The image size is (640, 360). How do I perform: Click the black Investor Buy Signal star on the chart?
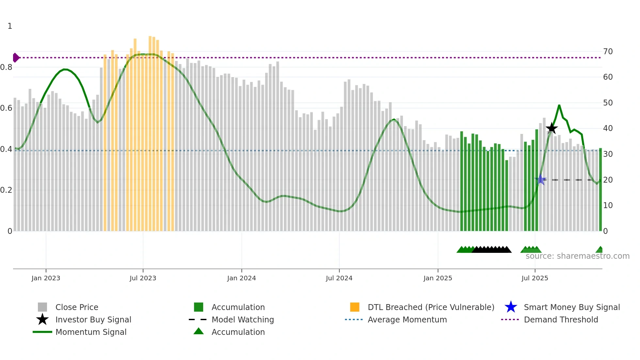coord(552,128)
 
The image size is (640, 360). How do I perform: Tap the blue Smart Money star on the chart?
coord(540,179)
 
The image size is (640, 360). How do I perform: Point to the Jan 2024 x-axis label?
coord(241,278)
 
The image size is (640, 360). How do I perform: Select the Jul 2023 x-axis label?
coord(143,278)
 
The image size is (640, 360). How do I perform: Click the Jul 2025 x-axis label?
coord(535,278)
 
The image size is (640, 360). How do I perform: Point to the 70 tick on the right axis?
coord(608,52)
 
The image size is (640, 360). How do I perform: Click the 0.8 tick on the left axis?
coord(6,67)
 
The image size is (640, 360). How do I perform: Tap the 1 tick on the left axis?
coord(10,26)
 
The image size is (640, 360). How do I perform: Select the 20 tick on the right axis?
coord(608,180)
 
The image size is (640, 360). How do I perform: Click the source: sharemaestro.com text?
coord(577,256)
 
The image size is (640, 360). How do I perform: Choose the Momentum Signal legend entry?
coord(91,332)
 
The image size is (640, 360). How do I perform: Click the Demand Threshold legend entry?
coord(561,319)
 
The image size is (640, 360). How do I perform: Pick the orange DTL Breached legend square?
coord(355,307)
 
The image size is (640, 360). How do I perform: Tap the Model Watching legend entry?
coord(242,319)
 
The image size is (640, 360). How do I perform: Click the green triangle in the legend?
coord(199,331)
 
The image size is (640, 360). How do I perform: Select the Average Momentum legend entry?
coord(407,319)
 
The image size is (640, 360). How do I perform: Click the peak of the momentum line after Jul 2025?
coord(559,106)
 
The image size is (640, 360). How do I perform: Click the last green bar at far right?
coord(600,189)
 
